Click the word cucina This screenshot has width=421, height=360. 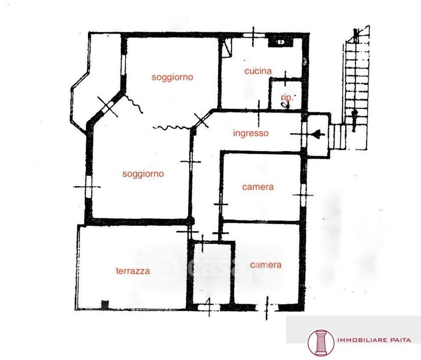pos(258,71)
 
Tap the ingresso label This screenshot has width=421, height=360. pos(251,133)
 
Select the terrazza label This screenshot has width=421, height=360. pos(133,271)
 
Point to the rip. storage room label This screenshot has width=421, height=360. pos(287,98)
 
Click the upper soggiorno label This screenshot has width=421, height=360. pos(172,77)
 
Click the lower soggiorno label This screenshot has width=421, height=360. pos(143,174)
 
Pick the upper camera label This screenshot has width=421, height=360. pos(258,187)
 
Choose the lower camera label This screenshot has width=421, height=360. pos(265,265)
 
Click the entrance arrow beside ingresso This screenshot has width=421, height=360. pos(317,134)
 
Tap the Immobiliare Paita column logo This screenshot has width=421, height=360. pos(321,343)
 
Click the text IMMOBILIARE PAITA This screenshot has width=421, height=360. pos(374,340)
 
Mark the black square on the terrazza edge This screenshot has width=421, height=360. pos(105,305)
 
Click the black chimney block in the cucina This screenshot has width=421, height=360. pos(281,42)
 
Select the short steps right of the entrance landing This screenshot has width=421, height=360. pos(337,136)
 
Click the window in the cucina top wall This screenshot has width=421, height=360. pos(254,35)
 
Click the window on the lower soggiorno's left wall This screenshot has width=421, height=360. pos(88,186)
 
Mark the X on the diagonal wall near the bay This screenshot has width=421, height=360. pos(108,106)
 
